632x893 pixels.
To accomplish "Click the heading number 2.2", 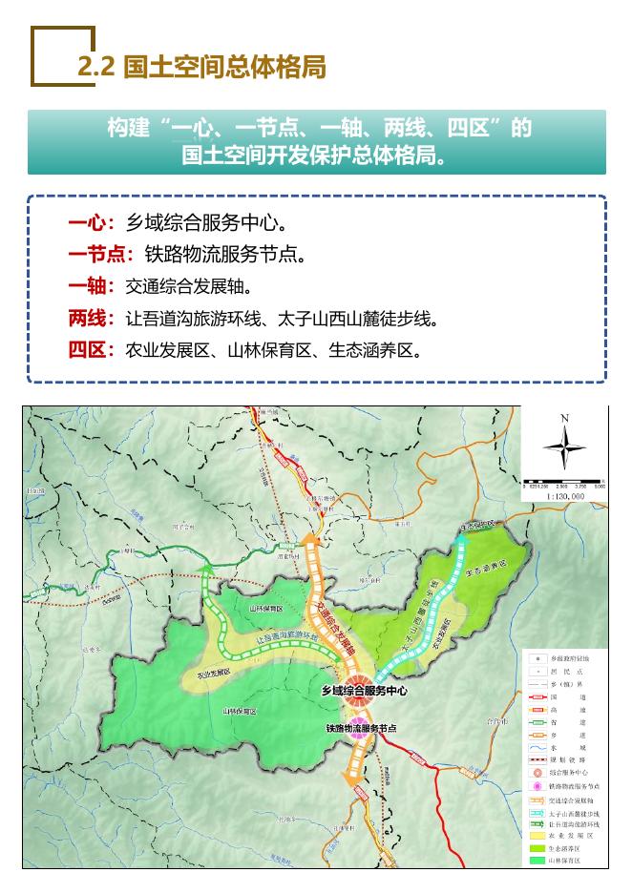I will click(95, 67).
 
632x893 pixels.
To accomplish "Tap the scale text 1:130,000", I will click(565, 496).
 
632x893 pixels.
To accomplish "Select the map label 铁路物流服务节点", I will click(360, 728).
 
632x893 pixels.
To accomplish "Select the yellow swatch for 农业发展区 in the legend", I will click(537, 834).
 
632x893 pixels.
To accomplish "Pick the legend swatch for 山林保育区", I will click(537, 861).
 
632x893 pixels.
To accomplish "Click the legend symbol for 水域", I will click(537, 747).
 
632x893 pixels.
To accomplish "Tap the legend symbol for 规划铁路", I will click(537, 759).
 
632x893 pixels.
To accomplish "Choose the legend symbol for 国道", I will click(537, 697).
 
